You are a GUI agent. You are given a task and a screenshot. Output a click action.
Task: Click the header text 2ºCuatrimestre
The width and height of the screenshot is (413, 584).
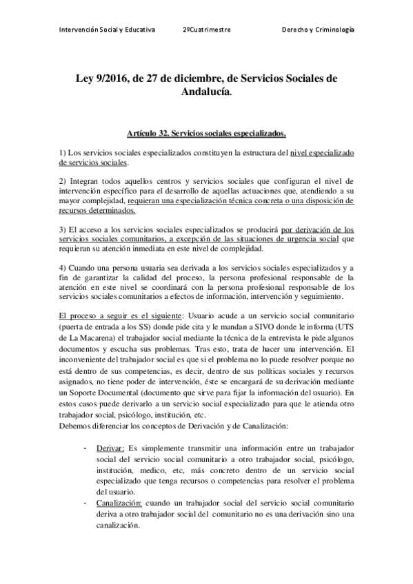point(207,31)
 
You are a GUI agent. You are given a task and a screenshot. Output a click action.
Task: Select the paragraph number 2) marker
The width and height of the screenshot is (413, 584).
point(62,180)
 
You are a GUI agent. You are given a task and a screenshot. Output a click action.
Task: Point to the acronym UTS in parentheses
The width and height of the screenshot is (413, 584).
point(346,321)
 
